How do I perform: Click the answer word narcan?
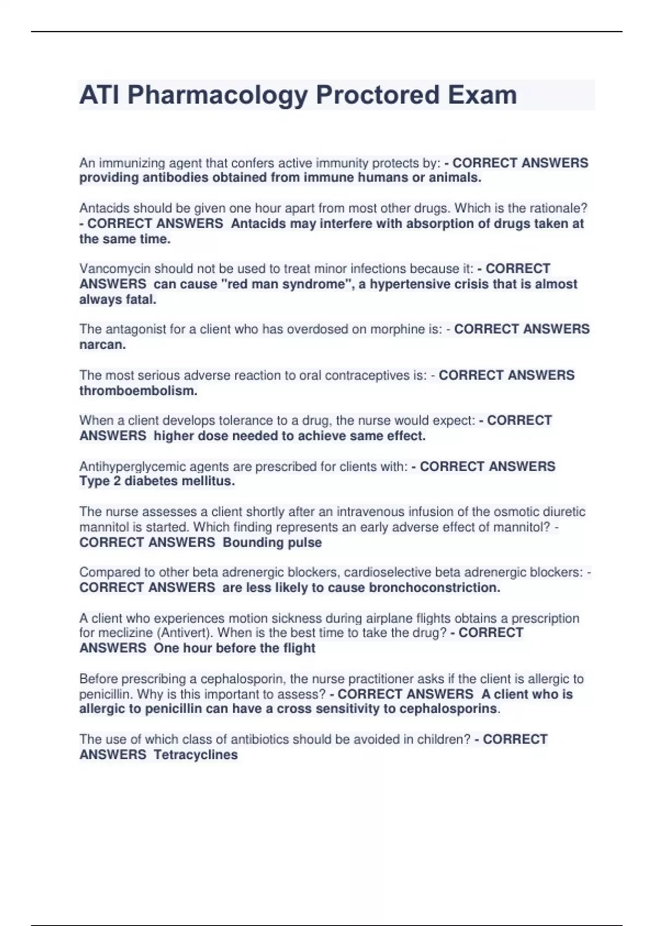[x=102, y=345]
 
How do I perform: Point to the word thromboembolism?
[x=138, y=391]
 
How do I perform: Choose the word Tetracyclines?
[x=196, y=754]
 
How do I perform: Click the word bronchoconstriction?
[x=434, y=587]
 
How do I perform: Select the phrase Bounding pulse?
[x=272, y=543]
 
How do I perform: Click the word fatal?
[x=141, y=299]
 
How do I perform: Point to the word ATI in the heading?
[x=100, y=95]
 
